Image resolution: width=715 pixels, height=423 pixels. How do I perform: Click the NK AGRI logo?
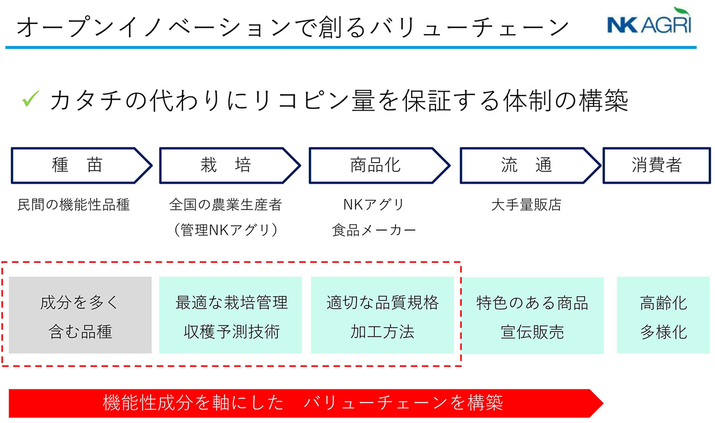pyautogui.click(x=649, y=20)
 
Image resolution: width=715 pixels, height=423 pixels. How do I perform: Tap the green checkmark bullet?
pyautogui.click(x=31, y=98)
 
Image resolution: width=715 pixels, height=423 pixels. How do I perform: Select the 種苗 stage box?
pyautogui.click(x=82, y=165)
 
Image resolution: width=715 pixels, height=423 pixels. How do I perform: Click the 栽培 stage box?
pyautogui.click(x=230, y=165)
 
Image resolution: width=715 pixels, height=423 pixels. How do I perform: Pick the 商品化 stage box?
pyautogui.click(x=380, y=165)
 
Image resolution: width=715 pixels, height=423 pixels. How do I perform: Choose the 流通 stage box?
pyautogui.click(x=530, y=165)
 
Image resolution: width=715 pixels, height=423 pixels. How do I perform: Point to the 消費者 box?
pyautogui.click(x=657, y=165)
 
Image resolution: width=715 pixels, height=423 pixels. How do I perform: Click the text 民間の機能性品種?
pyautogui.click(x=74, y=205)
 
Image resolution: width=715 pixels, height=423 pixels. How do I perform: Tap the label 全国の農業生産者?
pyautogui.click(x=226, y=205)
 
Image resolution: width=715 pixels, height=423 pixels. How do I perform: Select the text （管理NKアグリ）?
pyautogui.click(x=226, y=230)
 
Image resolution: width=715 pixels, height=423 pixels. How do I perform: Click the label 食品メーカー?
pyautogui.click(x=374, y=230)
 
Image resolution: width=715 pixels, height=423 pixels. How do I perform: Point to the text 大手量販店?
pyautogui.click(x=526, y=205)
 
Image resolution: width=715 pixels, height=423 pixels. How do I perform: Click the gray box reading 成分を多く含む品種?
pyautogui.click(x=80, y=315)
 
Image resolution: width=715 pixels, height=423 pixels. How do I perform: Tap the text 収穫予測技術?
pyautogui.click(x=232, y=332)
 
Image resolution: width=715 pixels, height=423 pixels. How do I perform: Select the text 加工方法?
pyautogui.click(x=382, y=332)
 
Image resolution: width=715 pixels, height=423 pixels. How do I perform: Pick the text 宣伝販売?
pyautogui.click(x=532, y=332)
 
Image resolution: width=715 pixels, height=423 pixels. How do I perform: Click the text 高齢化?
pyautogui.click(x=664, y=303)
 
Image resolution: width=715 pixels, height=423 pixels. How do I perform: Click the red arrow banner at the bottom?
pyautogui.click(x=306, y=403)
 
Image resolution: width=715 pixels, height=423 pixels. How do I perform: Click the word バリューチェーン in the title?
pyautogui.click(x=470, y=27)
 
